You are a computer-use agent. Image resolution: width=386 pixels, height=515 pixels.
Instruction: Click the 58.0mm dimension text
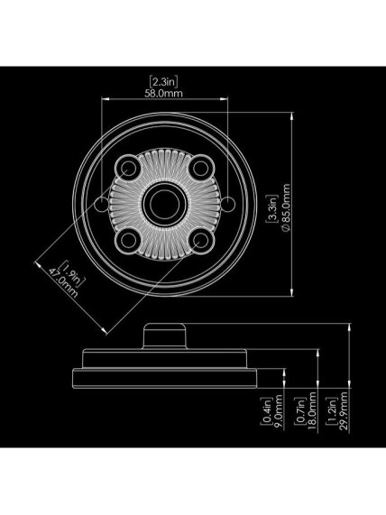[163, 93]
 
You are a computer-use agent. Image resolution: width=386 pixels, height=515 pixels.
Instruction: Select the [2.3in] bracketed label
[163, 81]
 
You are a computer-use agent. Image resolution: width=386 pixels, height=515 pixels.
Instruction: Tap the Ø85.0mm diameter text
[286, 207]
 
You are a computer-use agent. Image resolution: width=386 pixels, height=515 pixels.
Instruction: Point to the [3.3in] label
[272, 208]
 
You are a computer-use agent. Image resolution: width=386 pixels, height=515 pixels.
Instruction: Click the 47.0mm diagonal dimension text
[63, 283]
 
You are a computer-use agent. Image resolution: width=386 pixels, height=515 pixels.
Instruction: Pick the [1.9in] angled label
[71, 273]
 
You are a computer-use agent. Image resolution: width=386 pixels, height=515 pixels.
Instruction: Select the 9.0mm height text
[279, 413]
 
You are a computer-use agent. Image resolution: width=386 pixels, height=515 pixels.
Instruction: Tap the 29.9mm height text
[344, 411]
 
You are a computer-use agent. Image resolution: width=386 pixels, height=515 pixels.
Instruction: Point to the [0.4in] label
[266, 411]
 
